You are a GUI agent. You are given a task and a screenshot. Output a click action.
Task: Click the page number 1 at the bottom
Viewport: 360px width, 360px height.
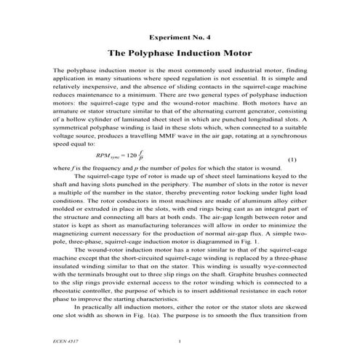click(x=180, y=340)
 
